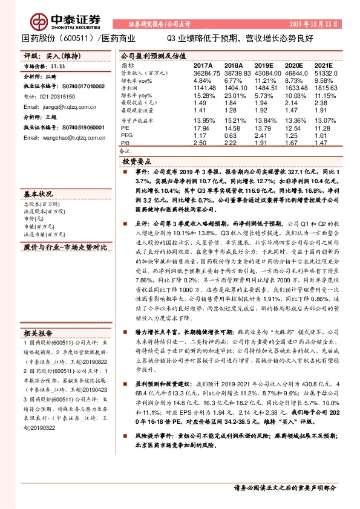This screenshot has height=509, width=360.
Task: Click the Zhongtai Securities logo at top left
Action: tap(51, 18)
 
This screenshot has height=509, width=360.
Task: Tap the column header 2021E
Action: tap(324, 65)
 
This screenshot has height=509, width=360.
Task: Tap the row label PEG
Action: tap(127, 137)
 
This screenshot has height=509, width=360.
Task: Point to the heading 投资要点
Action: tap(136, 162)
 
